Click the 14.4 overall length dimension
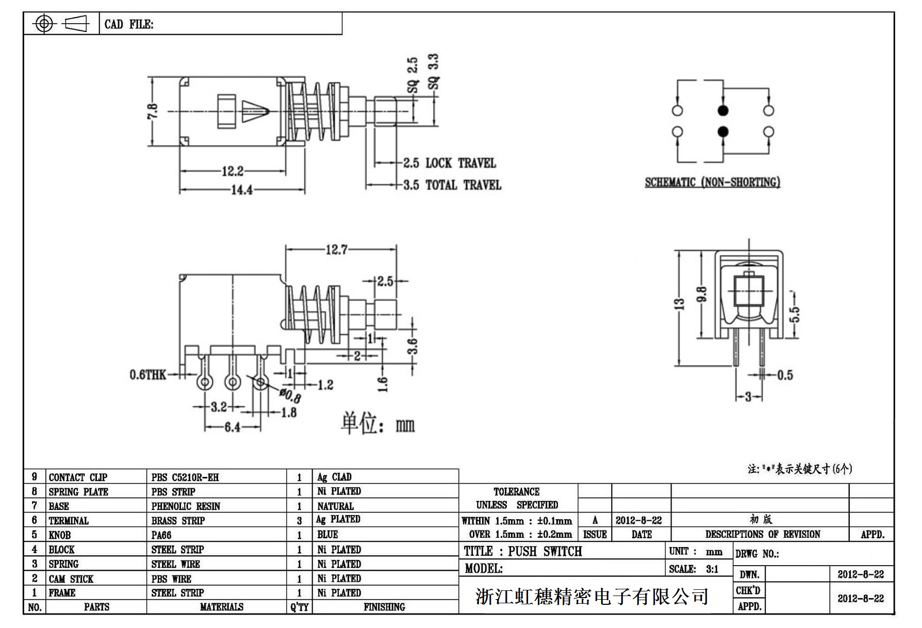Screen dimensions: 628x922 click(x=241, y=190)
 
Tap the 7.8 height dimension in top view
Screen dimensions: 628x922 click(x=153, y=111)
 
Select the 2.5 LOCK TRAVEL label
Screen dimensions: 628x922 click(x=449, y=163)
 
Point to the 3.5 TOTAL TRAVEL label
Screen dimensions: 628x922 click(x=452, y=185)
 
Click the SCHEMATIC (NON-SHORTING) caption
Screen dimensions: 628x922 click(x=712, y=182)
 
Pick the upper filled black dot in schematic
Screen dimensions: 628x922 click(x=723, y=110)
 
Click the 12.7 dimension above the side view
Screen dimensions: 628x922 click(x=336, y=250)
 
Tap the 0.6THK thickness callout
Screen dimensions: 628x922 click(x=147, y=375)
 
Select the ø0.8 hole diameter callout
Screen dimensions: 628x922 click(x=291, y=396)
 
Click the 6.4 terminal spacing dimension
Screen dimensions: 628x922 click(x=232, y=427)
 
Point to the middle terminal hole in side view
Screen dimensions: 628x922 click(x=233, y=382)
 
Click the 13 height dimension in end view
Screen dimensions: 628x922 click(x=680, y=304)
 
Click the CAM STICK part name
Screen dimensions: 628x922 click(x=71, y=579)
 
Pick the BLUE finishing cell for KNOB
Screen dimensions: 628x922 click(x=327, y=535)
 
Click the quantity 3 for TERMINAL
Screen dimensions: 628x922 click(x=299, y=521)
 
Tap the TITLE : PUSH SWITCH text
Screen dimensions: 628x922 click(x=522, y=551)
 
